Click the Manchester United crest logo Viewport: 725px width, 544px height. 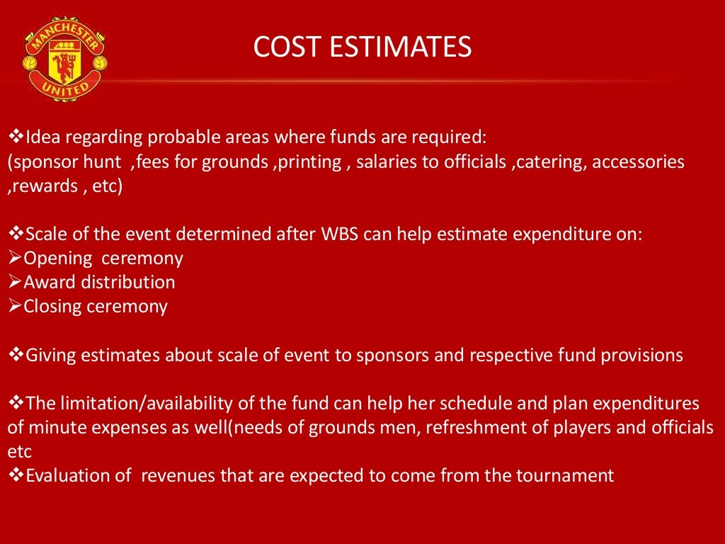[x=64, y=59]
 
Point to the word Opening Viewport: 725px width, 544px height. [x=58, y=258]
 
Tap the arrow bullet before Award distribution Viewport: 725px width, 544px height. [x=15, y=283]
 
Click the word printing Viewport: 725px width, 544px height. [x=310, y=161]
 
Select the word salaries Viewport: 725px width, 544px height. [x=387, y=161]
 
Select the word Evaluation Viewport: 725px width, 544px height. [x=78, y=475]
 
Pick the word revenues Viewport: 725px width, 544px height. [x=178, y=475]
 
